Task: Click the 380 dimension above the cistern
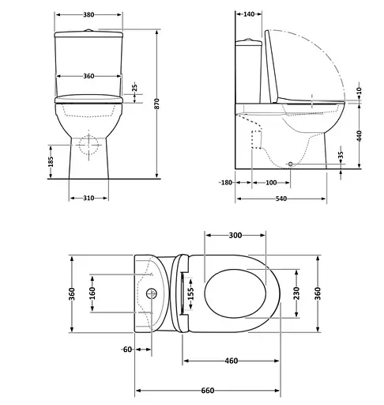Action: point(88,14)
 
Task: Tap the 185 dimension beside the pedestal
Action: point(51,162)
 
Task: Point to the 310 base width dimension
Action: point(88,198)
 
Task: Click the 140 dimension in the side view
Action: point(250,14)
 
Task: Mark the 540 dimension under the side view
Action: point(281,197)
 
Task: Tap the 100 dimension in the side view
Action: point(271,183)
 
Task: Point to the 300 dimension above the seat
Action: point(235,235)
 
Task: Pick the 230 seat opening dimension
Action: point(296,293)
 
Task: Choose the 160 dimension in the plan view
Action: point(92,293)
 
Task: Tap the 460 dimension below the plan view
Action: point(231,361)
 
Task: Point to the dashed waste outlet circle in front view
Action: point(89,145)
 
